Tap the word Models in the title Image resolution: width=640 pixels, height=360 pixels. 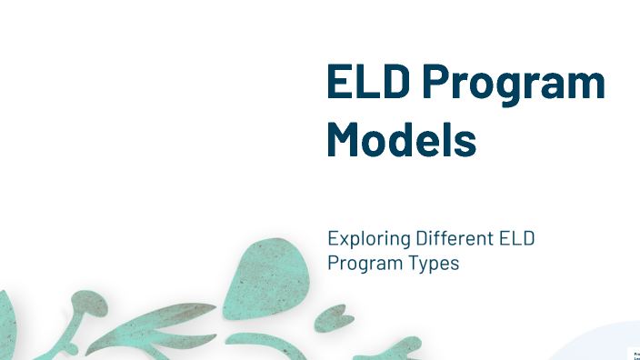401,140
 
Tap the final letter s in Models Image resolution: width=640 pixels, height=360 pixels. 465,143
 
